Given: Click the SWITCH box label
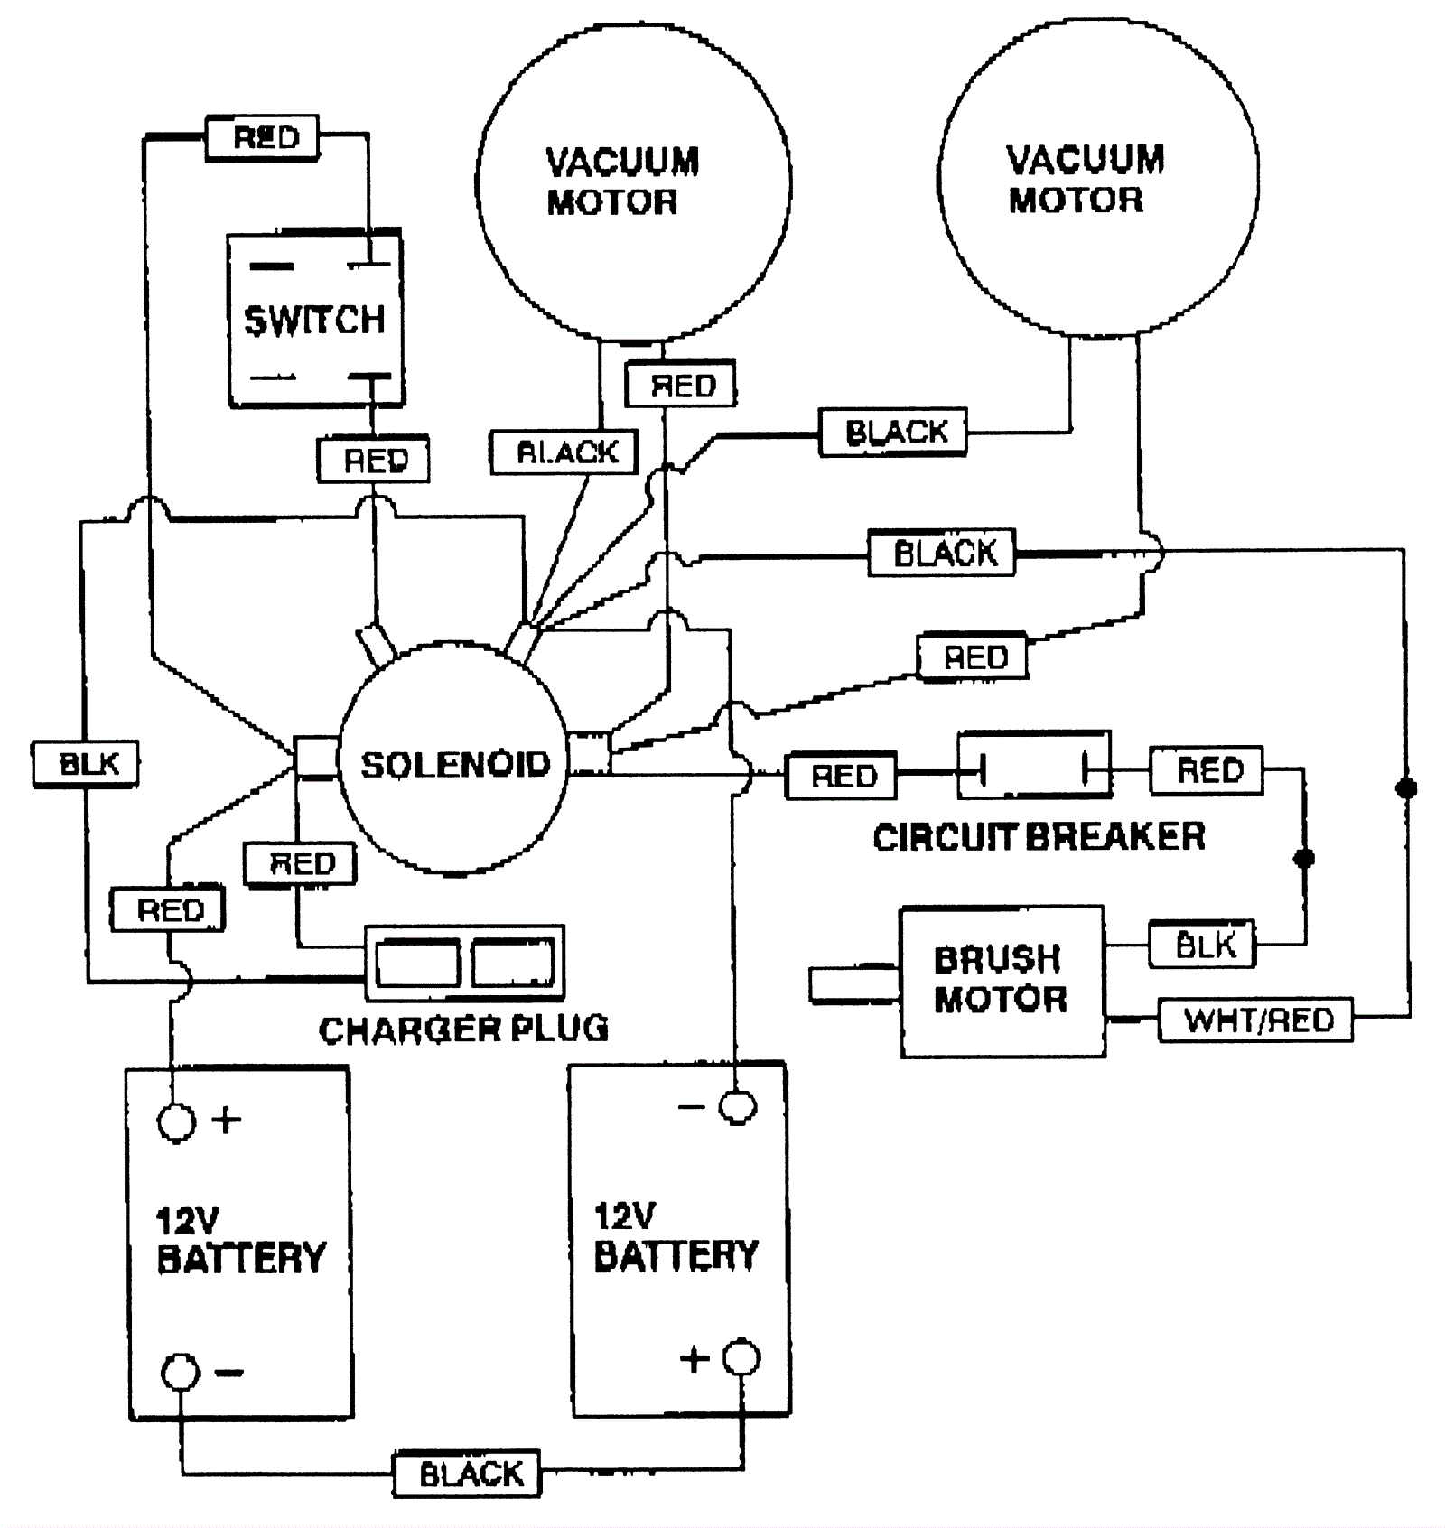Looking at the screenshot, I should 314,320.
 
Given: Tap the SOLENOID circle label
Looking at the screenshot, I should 455,764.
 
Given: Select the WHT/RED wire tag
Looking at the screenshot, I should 1258,1020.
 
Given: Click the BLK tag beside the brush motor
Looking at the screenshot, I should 1205,946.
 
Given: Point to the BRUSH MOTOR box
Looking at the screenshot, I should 1002,981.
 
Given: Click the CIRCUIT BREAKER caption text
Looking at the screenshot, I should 1039,836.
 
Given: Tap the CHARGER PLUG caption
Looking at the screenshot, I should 463,1029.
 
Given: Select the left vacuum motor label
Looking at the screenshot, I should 622,182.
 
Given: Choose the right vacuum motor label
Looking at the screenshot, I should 1085,179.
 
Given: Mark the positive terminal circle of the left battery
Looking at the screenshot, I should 176,1123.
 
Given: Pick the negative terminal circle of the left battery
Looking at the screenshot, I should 180,1371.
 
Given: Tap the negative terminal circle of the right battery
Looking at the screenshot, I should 737,1107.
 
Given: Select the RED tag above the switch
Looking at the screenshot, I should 265,137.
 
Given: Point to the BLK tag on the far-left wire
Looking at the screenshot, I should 88,764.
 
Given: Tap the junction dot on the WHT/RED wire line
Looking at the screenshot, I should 1406,788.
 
